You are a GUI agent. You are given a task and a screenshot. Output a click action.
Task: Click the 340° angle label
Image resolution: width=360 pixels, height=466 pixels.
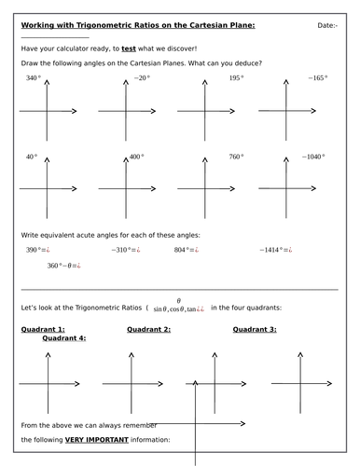click(34, 78)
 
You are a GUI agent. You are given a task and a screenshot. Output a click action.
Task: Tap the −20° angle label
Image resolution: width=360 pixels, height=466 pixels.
click(141, 78)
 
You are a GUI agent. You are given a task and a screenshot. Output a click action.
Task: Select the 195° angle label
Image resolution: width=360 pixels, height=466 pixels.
click(236, 78)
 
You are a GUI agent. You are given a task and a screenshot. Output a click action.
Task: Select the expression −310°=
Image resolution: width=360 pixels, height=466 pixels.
click(125, 250)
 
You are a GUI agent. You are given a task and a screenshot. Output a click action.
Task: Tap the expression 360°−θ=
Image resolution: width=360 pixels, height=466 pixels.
click(64, 266)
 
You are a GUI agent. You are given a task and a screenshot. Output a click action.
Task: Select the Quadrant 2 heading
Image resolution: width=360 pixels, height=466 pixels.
click(148, 329)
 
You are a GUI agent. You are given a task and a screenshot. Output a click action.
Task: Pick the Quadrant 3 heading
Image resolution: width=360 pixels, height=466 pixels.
click(255, 329)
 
